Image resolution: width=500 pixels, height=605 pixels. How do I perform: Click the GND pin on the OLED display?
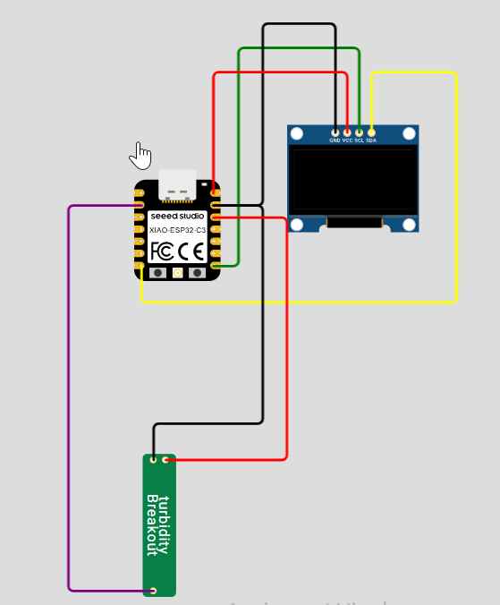(x=335, y=132)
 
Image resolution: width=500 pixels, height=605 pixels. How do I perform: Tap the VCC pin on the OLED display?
(x=347, y=132)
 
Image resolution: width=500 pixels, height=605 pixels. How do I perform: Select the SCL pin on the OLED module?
(x=360, y=132)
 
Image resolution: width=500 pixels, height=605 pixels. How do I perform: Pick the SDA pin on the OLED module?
(x=371, y=132)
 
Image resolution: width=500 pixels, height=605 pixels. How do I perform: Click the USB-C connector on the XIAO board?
(x=177, y=184)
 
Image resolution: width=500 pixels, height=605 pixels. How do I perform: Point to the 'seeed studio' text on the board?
(x=177, y=217)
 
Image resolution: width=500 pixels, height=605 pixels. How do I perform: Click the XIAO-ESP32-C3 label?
(x=177, y=231)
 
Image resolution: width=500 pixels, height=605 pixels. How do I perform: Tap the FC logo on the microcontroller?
(x=162, y=251)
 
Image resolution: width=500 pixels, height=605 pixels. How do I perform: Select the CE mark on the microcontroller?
(x=192, y=251)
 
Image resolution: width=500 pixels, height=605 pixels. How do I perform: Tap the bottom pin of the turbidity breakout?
(x=154, y=590)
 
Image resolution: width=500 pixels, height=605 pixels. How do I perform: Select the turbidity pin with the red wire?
(x=165, y=460)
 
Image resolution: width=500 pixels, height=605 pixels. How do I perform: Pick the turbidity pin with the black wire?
(x=154, y=460)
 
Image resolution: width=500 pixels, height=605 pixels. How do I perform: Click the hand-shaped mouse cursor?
(x=140, y=155)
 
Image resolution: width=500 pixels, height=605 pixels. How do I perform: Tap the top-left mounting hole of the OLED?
(x=297, y=134)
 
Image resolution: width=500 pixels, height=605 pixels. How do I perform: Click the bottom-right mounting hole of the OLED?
(x=409, y=224)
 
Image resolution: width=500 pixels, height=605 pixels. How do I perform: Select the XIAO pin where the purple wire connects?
(x=139, y=205)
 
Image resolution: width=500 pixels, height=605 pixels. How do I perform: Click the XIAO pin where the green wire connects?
(x=216, y=265)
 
